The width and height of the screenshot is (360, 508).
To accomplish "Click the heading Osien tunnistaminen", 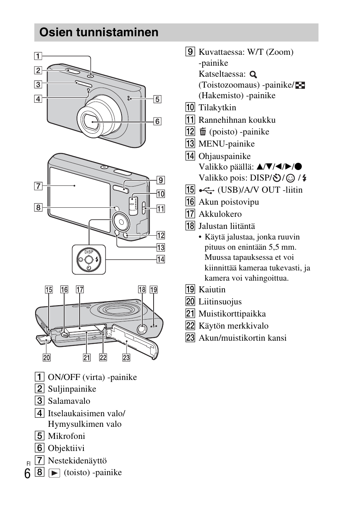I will click(x=99, y=32).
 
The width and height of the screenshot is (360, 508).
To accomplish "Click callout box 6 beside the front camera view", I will click(x=157, y=121).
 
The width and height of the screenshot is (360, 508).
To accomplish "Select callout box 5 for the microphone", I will click(x=157, y=99).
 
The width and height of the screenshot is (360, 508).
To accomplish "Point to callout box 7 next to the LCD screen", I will click(x=38, y=186).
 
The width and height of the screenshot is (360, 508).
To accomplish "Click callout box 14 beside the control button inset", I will click(x=161, y=259).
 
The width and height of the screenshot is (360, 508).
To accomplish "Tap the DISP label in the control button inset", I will click(x=89, y=252).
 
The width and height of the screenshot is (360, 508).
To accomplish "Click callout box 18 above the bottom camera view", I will click(x=142, y=290).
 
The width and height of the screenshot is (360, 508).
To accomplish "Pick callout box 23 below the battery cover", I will click(x=126, y=357).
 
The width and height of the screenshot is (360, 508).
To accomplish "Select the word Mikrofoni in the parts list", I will click(x=66, y=436).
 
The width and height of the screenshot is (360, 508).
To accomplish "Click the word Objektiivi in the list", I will click(x=66, y=448).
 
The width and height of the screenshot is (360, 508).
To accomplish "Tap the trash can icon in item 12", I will click(x=203, y=132).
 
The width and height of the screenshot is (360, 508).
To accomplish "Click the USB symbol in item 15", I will click(x=206, y=190).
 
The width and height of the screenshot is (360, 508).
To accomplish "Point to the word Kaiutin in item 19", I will click(x=212, y=290).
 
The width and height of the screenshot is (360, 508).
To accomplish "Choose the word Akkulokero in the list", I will click(x=220, y=214).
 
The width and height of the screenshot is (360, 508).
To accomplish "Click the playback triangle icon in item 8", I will click(x=54, y=473).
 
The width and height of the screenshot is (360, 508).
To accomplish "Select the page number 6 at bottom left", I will click(x=27, y=474).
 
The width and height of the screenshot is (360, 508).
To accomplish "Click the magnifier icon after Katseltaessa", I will click(x=253, y=74).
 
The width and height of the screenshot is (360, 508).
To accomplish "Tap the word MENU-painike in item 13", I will click(x=226, y=144).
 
